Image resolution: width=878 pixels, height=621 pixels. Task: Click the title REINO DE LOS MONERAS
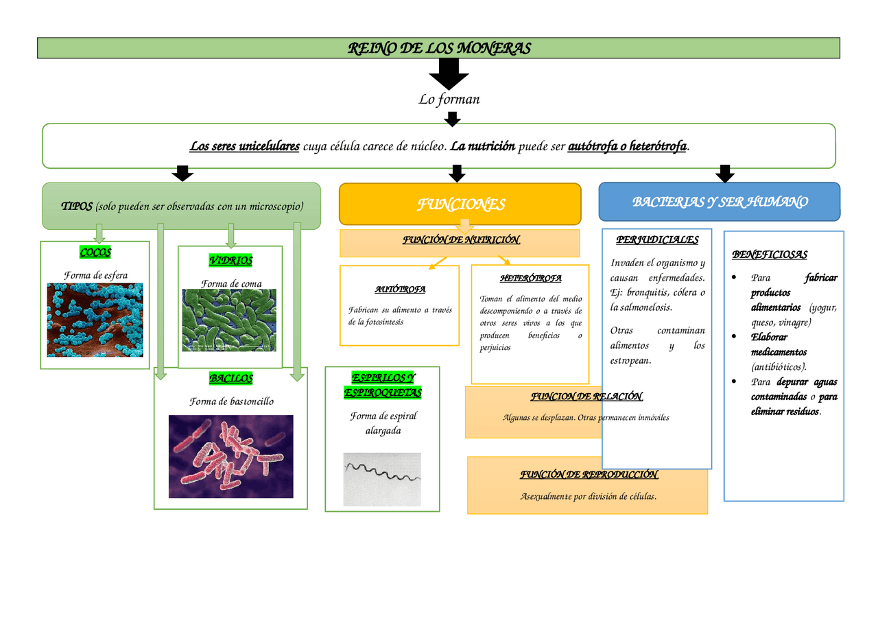(439, 49)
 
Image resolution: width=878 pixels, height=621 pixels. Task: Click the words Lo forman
(449, 99)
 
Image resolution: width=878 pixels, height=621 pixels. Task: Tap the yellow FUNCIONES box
(460, 204)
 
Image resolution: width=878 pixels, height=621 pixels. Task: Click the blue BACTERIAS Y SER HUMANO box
(720, 202)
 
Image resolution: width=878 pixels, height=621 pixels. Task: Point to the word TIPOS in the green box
(76, 207)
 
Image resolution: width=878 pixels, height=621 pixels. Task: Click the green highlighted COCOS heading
(95, 253)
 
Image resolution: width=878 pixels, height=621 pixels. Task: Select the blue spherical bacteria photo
(95, 320)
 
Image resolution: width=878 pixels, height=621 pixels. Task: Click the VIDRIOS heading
(230, 261)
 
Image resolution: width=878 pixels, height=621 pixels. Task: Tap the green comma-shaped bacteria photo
(229, 320)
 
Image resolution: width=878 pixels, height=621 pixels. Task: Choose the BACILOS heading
(230, 379)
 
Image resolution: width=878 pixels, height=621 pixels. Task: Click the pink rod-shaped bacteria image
(230, 456)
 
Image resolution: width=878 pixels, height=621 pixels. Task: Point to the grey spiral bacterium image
(381, 479)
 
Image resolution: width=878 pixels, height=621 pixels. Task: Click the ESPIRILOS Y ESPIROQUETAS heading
(382, 386)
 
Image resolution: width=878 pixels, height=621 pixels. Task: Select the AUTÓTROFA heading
(399, 290)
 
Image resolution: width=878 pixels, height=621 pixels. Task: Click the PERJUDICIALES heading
(657, 240)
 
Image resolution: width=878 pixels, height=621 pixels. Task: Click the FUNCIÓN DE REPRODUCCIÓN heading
(589, 475)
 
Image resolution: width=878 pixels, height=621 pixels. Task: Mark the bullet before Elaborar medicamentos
(735, 337)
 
